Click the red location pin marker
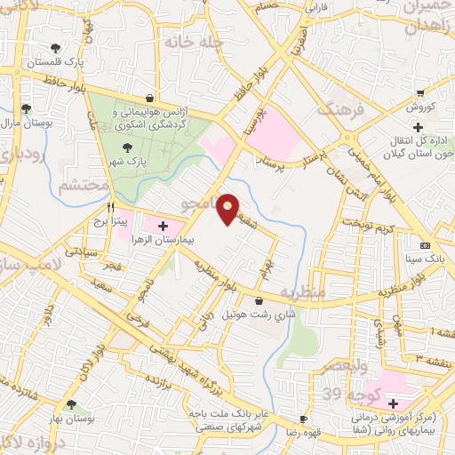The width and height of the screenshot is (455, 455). [x=228, y=209]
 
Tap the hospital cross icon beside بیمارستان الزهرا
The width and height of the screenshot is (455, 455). [x=162, y=226]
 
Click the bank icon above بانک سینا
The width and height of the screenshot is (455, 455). [x=424, y=245]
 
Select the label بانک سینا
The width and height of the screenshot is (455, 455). [x=423, y=259]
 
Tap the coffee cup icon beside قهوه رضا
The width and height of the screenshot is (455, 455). [x=304, y=419]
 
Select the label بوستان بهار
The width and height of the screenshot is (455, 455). [x=72, y=419]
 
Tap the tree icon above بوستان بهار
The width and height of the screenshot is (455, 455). [x=71, y=404]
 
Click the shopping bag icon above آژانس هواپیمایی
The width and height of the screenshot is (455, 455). [x=149, y=99]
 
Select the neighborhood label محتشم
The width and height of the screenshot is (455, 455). [x=83, y=187]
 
